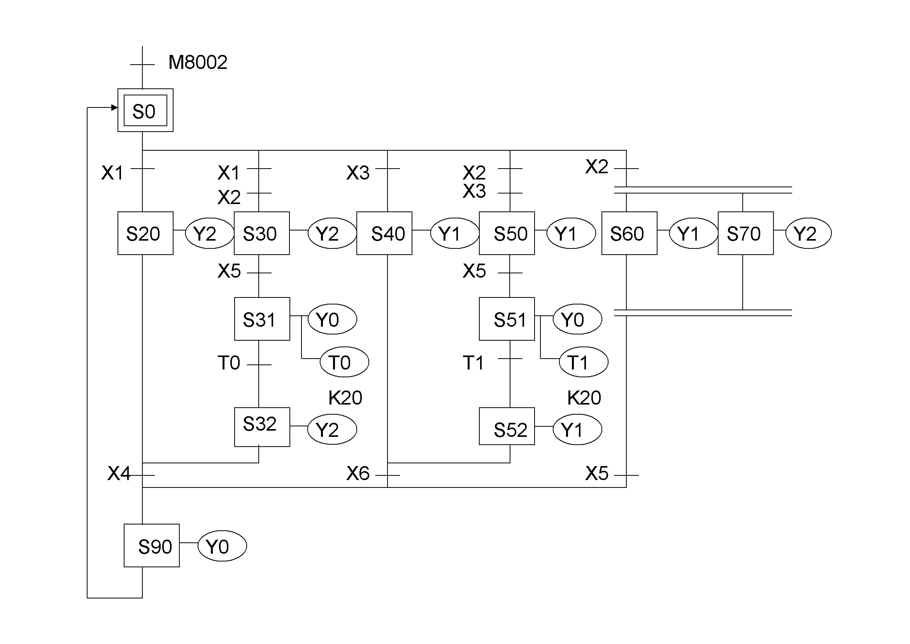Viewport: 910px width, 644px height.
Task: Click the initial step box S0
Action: click(145, 110)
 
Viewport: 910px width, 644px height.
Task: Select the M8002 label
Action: click(198, 62)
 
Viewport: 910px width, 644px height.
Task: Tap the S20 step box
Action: click(145, 233)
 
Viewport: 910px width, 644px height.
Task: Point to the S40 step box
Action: click(384, 233)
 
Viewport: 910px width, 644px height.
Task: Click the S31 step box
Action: click(261, 319)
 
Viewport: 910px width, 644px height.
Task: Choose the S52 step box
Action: click(507, 426)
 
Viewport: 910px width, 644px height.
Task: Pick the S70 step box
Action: click(745, 233)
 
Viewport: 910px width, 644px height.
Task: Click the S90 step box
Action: click(151, 545)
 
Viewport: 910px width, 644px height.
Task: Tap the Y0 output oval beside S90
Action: click(222, 546)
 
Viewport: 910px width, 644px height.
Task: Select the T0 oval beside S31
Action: click(344, 362)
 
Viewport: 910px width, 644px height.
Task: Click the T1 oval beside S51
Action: click(583, 362)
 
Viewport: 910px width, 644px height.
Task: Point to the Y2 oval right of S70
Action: click(808, 233)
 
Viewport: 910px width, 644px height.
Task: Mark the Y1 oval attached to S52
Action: click(577, 429)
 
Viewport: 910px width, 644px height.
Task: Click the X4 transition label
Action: click(119, 473)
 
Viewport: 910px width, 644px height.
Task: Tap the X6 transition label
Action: click(358, 473)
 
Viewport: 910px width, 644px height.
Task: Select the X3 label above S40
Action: click(358, 173)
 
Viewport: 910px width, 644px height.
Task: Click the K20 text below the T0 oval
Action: click(345, 398)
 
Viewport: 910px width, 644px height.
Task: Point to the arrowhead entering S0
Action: click(114, 107)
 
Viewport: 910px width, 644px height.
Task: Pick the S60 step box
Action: click(629, 233)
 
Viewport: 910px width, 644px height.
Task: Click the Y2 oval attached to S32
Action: click(332, 429)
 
